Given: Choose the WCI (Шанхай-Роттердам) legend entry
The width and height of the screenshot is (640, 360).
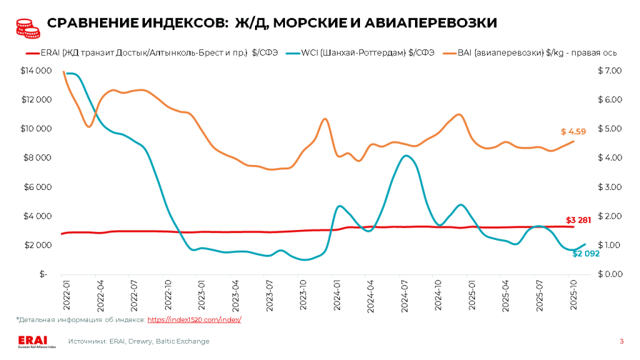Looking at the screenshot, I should [360, 53].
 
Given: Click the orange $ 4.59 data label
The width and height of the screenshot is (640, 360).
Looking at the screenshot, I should [573, 132].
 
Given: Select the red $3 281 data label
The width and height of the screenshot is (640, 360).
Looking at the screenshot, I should [578, 220].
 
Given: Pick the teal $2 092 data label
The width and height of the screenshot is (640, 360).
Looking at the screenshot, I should [586, 253].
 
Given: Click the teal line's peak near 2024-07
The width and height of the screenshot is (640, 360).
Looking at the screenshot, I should [406, 155].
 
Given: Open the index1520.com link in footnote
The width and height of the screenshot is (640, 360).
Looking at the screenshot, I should [194, 320].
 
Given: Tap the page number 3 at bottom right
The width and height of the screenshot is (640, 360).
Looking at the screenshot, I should [621, 341].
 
